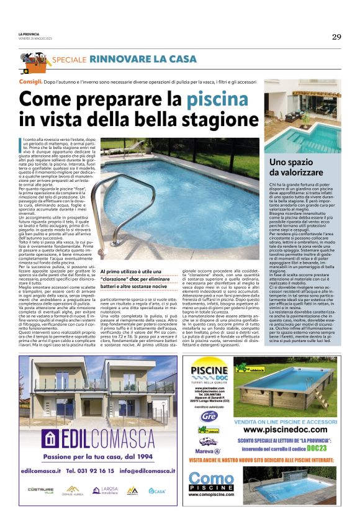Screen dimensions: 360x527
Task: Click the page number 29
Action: click(336, 37)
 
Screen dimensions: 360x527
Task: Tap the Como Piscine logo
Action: click(212, 482)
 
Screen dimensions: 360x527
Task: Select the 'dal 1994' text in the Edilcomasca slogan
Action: click(144, 456)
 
